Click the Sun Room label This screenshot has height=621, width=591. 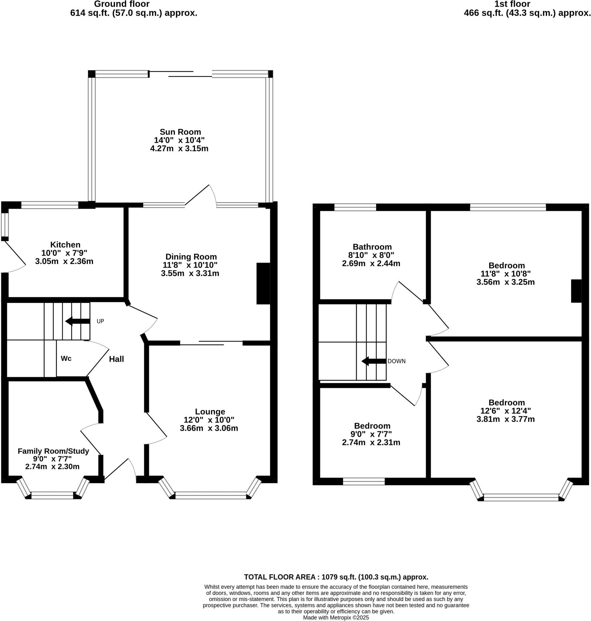tap(180, 132)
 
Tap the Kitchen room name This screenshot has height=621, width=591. tap(65, 244)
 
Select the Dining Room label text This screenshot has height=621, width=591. tap(191, 257)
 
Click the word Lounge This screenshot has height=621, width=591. tap(210, 411)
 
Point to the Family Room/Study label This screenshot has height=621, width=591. tap(53, 451)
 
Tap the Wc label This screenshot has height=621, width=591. tap(66, 358)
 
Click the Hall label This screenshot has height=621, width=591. tap(116, 359)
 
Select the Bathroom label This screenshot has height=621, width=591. tap(372, 247)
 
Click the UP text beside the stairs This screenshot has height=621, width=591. tap(100, 321)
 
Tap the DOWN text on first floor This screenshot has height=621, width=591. tap(396, 361)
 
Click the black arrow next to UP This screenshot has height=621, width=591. tap(78, 321)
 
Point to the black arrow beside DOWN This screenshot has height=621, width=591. tap(374, 361)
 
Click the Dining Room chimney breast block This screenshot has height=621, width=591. tap(263, 284)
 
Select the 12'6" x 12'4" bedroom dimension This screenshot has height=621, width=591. tap(505, 411)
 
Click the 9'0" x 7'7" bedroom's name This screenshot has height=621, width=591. tap(372, 426)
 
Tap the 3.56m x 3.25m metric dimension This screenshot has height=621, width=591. tap(505, 282)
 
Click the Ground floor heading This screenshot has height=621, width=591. tap(122, 4)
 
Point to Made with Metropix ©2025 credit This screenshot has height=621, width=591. tap(336, 618)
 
